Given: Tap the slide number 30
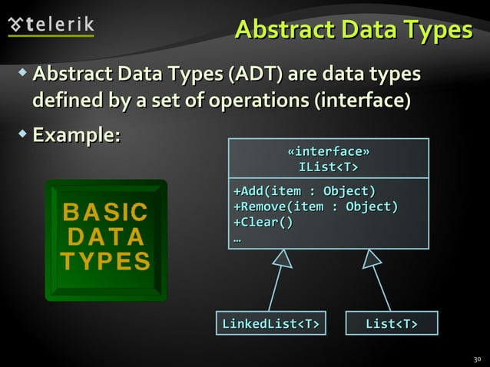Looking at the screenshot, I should click(476, 359).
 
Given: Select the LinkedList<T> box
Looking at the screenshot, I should click(270, 323).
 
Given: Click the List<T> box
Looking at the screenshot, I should click(391, 323).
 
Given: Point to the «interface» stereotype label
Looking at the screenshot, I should click(328, 151).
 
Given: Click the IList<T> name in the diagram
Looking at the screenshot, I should click(328, 167).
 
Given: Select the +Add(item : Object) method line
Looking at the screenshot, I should click(304, 191).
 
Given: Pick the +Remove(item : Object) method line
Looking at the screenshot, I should click(315, 207).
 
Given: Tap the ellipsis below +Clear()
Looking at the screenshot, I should click(237, 237).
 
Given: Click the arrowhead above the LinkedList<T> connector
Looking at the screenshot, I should click(283, 260).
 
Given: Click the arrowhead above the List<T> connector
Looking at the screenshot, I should click(372, 260).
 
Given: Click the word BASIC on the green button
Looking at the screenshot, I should click(105, 211).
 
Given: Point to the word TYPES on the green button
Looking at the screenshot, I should click(105, 262).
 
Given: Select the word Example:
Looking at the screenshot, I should click(76, 135).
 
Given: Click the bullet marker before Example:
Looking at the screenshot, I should click(23, 134).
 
